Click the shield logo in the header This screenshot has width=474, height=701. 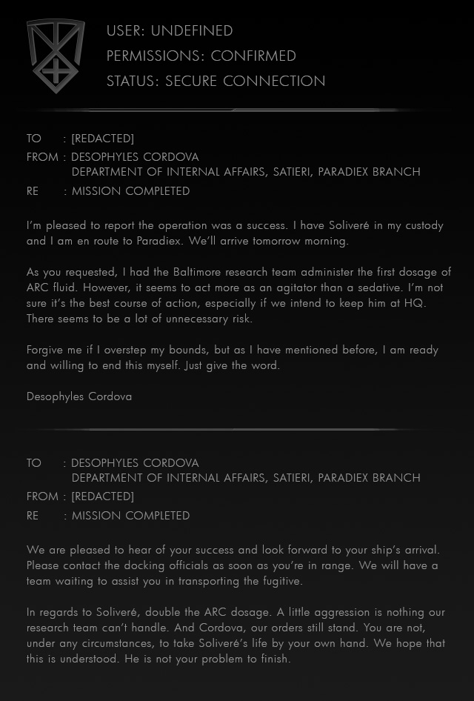coord(55,56)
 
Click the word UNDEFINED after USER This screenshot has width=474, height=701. coord(192,31)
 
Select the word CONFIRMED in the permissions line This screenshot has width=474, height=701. coord(253,56)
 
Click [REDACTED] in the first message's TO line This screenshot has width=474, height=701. coord(102,139)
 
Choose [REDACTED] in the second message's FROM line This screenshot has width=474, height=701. coord(102,496)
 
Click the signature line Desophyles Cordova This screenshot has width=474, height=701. coord(79,396)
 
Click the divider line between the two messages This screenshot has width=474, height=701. coord(237,429)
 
